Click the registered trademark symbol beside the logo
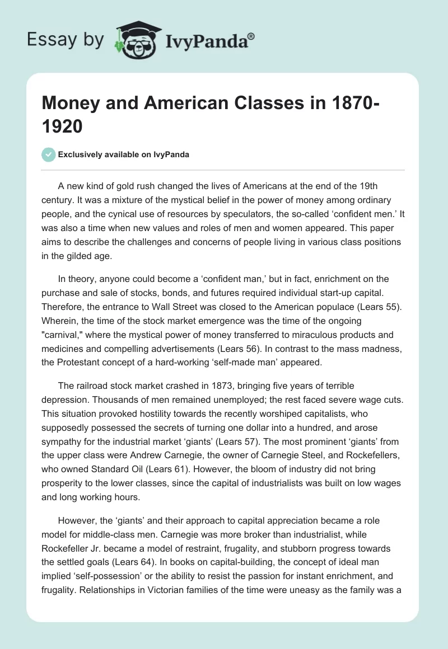point(251,37)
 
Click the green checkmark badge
point(49,154)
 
